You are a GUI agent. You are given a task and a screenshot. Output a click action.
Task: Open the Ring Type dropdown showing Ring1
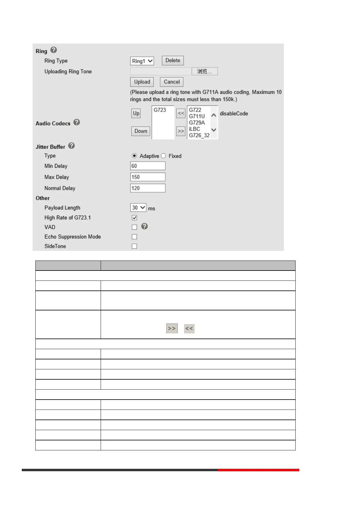pyautogui.click(x=142, y=61)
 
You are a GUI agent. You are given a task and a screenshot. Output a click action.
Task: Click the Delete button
pyautogui.click(x=173, y=60)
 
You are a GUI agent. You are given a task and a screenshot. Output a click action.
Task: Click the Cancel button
pyautogui.click(x=172, y=82)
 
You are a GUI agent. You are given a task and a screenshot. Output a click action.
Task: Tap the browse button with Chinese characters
pyautogui.click(x=205, y=71)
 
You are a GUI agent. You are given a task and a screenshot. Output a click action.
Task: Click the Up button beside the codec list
pyautogui.click(x=136, y=113)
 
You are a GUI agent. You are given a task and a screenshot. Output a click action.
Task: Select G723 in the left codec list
pyautogui.click(x=160, y=110)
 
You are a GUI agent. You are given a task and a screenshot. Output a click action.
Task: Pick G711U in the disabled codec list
pyautogui.click(x=197, y=116)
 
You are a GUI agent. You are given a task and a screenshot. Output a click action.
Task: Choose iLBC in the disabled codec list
pyautogui.click(x=194, y=129)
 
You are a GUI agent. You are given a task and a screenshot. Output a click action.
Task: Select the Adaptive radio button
pyautogui.click(x=135, y=156)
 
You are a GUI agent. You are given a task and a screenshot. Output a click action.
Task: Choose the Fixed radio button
pyautogui.click(x=164, y=156)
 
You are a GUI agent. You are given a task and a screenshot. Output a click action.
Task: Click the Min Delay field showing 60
pyautogui.click(x=148, y=166)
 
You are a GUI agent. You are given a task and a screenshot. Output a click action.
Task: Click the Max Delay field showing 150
pyautogui.click(x=148, y=177)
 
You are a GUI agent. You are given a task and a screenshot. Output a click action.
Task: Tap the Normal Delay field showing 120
pyautogui.click(x=148, y=188)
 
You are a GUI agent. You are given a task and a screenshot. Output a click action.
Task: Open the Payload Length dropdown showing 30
pyautogui.click(x=138, y=208)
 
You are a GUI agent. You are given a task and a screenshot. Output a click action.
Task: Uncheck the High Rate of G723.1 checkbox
pyautogui.click(x=135, y=218)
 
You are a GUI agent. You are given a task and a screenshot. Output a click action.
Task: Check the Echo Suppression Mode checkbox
pyautogui.click(x=135, y=237)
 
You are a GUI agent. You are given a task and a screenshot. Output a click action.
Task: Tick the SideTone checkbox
pyautogui.click(x=135, y=246)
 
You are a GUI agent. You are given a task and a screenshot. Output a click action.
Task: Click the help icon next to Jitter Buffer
pyautogui.click(x=71, y=146)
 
